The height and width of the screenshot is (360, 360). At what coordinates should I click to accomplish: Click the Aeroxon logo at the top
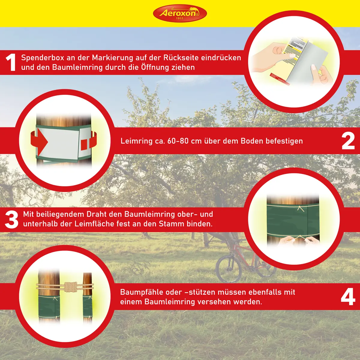[180, 13]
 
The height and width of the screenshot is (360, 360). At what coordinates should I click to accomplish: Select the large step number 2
[348, 141]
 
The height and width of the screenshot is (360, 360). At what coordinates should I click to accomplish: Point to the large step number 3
[12, 220]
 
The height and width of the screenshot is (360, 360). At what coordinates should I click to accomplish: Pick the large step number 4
[348, 297]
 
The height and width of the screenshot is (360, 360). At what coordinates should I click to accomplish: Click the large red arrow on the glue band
[39, 142]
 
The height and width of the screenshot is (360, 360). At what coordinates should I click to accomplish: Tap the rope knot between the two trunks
[70, 287]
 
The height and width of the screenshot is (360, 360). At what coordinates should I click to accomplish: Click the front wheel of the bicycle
[229, 269]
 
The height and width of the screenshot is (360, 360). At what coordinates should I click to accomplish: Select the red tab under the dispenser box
[280, 79]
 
